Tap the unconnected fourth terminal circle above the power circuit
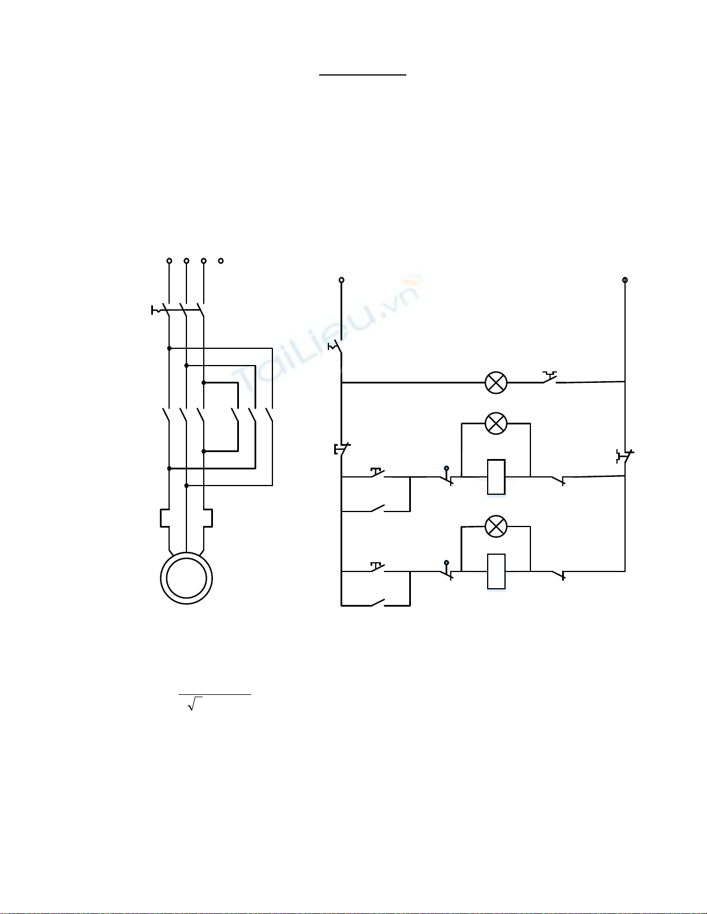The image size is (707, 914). (x=221, y=261)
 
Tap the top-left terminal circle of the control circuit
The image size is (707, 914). (x=341, y=280)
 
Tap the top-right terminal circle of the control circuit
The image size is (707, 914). (x=625, y=280)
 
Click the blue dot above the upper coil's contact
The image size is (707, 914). (x=447, y=468)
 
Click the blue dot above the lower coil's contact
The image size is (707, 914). (x=447, y=562)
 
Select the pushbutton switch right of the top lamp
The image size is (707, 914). (x=549, y=377)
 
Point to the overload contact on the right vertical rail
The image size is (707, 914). (x=625, y=456)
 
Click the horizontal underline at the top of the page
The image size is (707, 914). (x=362, y=75)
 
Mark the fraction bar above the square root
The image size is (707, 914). (x=215, y=694)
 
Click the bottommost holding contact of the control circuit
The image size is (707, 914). (x=377, y=603)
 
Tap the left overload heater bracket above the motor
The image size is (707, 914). (x=164, y=518)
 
